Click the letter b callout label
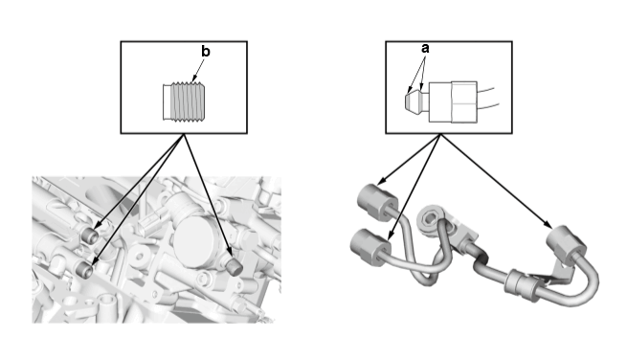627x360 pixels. (x=205, y=52)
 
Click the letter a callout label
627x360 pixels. (x=425, y=49)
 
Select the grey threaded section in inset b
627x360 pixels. (x=188, y=101)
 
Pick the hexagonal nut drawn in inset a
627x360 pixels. (x=464, y=102)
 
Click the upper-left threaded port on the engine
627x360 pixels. (x=91, y=235)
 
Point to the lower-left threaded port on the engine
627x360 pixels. (x=85, y=270)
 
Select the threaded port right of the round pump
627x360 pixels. (x=234, y=265)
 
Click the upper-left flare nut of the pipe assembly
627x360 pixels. (x=377, y=202)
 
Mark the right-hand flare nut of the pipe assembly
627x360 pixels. (x=566, y=245)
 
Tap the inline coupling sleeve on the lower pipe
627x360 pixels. (x=520, y=284)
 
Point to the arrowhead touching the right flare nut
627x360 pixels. (x=549, y=225)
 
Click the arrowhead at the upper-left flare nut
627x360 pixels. (x=382, y=180)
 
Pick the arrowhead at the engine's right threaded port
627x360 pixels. (x=231, y=251)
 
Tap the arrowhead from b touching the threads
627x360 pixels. (x=194, y=79)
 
